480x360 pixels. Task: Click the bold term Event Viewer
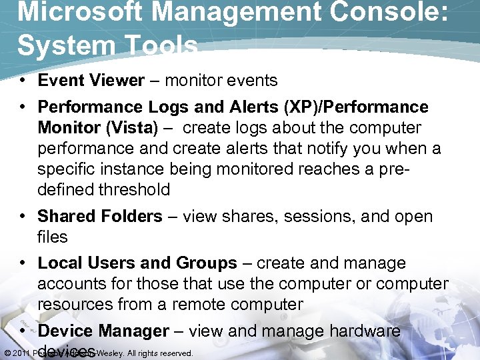[x=91, y=81]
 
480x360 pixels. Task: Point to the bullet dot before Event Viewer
[x=23, y=81]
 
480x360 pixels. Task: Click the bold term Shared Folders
[x=100, y=217]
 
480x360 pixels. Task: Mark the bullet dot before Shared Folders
[x=23, y=217]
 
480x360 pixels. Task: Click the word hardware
[x=362, y=331]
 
